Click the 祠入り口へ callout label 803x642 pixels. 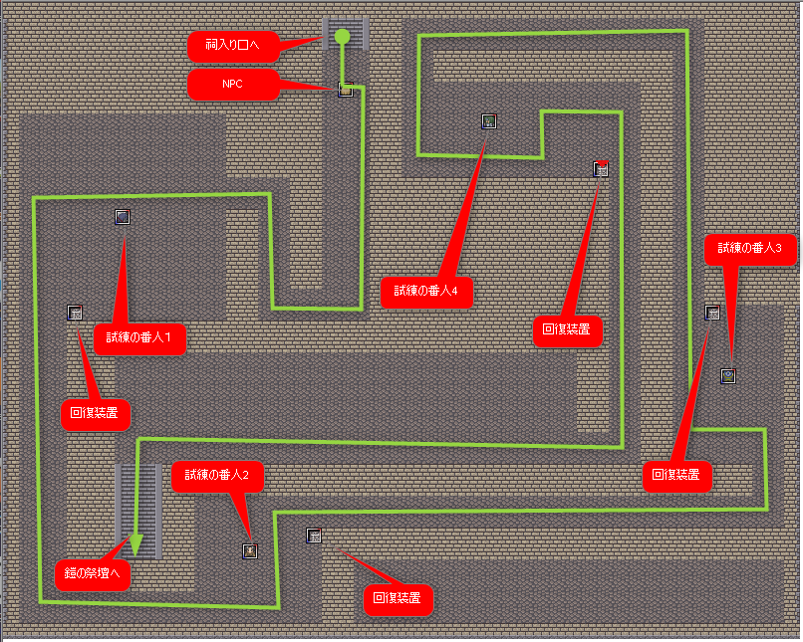click(x=233, y=46)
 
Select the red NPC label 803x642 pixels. click(x=233, y=85)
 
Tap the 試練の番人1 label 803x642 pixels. click(x=139, y=338)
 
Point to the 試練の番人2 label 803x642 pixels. click(x=217, y=476)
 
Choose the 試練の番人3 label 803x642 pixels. click(x=750, y=249)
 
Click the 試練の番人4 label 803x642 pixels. click(x=426, y=292)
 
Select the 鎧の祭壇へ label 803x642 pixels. click(x=93, y=574)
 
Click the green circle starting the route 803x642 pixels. click(x=342, y=36)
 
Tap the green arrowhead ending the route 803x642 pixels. click(x=135, y=545)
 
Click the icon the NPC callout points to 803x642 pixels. click(x=346, y=90)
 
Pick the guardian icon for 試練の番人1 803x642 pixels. click(x=123, y=217)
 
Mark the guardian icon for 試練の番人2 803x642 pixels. click(x=250, y=551)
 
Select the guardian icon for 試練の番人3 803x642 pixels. click(x=728, y=376)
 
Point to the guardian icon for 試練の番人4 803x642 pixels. click(x=489, y=121)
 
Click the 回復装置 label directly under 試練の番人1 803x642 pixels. click(x=96, y=414)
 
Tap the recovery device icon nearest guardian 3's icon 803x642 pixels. click(x=712, y=313)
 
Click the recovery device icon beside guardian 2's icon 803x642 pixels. click(x=314, y=535)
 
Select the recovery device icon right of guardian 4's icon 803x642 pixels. click(x=601, y=168)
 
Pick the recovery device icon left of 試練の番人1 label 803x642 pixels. click(x=75, y=313)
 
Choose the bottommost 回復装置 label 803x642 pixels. click(x=399, y=599)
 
